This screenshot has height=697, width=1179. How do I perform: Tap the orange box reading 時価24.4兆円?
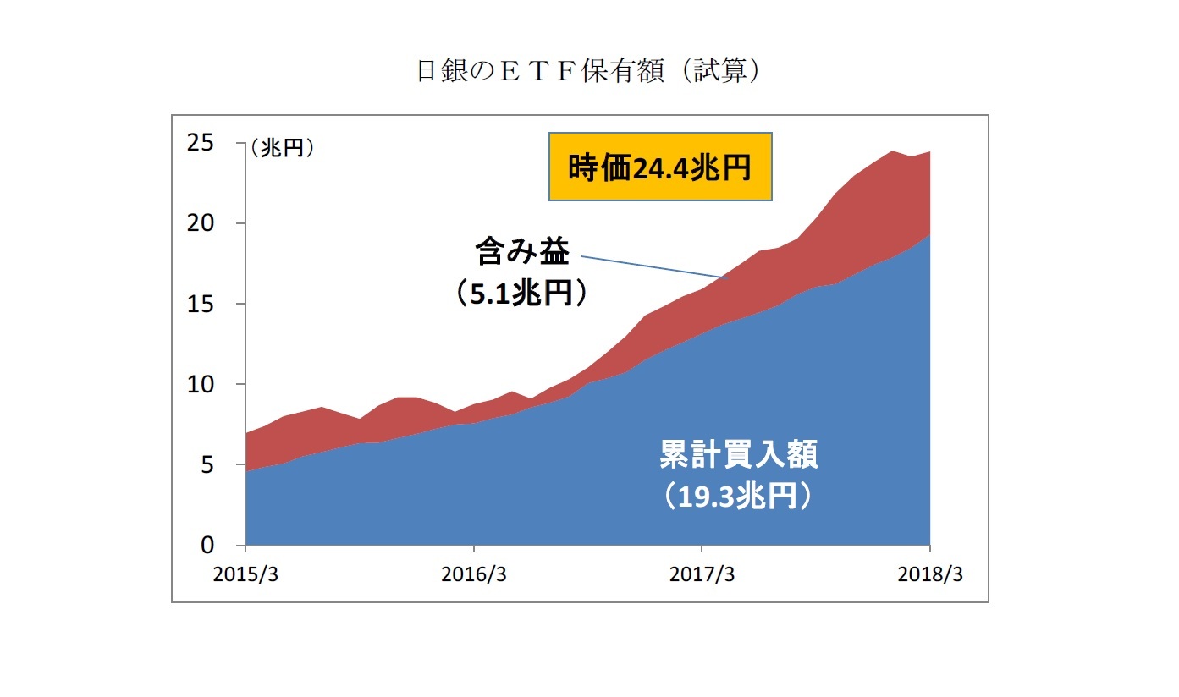click(660, 167)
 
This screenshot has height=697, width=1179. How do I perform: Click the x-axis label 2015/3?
click(245, 574)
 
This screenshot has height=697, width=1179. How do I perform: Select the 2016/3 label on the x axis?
click(474, 574)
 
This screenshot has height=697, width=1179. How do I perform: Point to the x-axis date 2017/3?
click(702, 574)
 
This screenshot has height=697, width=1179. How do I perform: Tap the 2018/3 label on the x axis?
click(929, 574)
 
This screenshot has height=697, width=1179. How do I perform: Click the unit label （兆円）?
click(282, 148)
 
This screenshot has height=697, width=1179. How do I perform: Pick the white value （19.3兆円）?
click(738, 497)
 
